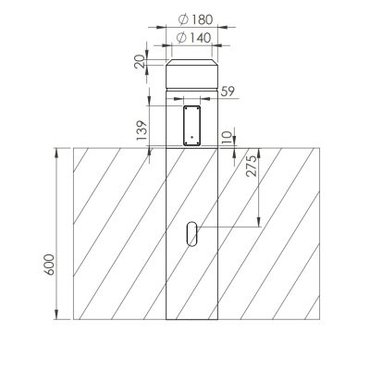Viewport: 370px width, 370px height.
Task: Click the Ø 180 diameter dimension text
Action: [196, 19]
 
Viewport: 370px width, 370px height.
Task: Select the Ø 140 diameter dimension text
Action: [194, 38]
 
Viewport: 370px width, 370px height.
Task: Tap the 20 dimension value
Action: [140, 61]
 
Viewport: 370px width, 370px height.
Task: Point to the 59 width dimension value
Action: [228, 92]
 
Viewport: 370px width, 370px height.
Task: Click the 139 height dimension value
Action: [142, 130]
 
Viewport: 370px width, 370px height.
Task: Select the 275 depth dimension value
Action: [251, 166]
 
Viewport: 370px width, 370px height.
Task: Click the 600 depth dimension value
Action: [49, 265]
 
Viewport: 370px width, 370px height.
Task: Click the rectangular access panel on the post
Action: [191, 126]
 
